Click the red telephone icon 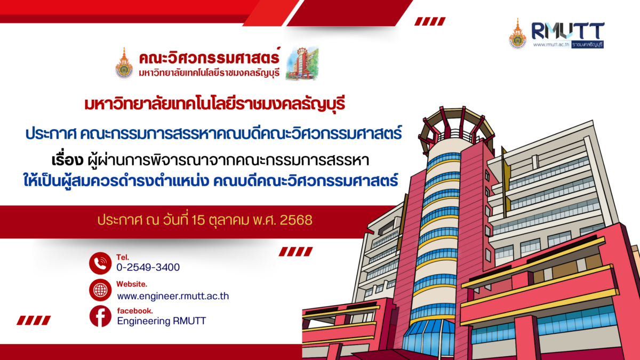[100, 263]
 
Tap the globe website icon [100, 290]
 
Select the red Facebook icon [100, 317]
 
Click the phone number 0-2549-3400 [148, 267]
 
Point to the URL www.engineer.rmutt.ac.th [173, 295]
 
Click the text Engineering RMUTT [161, 321]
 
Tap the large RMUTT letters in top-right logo [567, 30]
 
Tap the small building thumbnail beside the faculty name [301, 64]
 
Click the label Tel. [122, 257]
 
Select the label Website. [132, 284]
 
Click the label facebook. [134, 310]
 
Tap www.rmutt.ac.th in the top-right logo [550, 44]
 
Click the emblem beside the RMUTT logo [517, 34]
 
